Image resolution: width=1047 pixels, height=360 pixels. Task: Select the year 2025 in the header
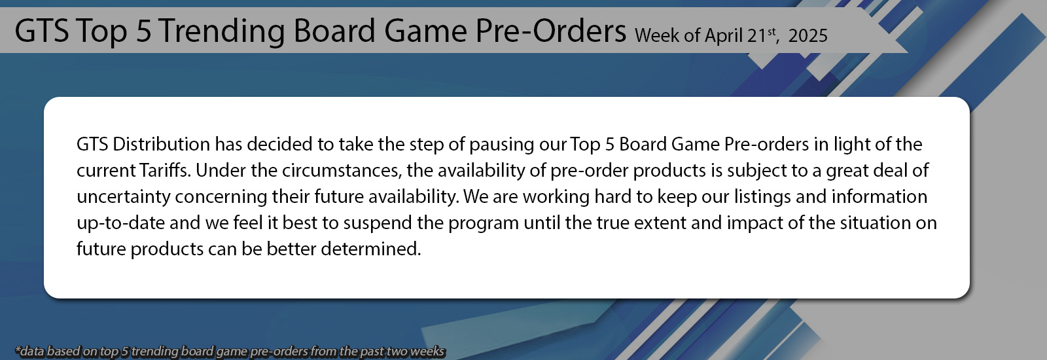click(x=807, y=35)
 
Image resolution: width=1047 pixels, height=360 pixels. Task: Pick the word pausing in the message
click(x=501, y=144)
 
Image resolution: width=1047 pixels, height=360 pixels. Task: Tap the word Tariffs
click(x=164, y=170)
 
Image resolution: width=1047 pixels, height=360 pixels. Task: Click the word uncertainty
click(x=123, y=196)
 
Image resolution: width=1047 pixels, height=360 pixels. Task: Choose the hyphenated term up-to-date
click(x=120, y=223)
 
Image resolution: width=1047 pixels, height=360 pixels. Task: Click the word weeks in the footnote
click(x=427, y=351)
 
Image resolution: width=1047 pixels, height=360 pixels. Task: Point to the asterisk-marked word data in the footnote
click(x=29, y=351)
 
